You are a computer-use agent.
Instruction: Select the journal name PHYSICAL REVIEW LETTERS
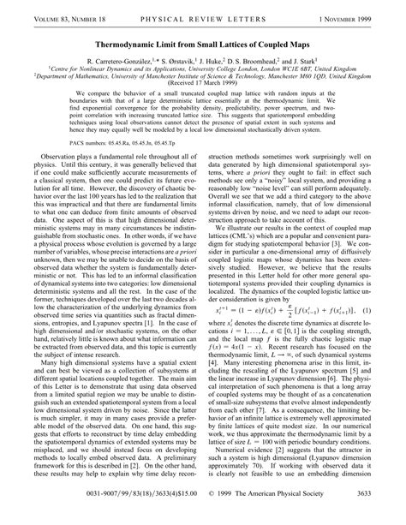tap(202, 11)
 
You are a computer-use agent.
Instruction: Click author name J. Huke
tap(218, 53)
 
